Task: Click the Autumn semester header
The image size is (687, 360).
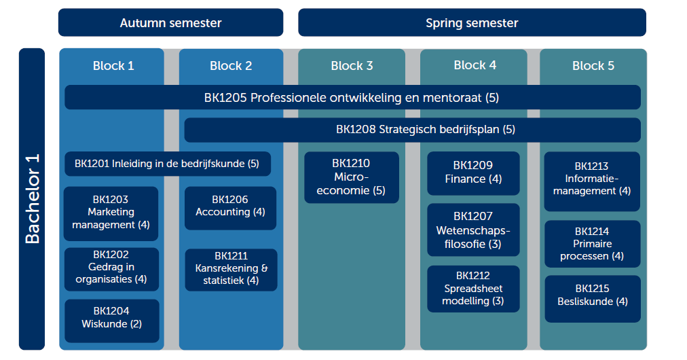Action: [171, 22]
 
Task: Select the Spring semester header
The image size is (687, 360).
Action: [472, 22]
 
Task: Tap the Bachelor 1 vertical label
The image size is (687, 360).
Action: [32, 199]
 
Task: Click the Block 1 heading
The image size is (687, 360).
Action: [113, 66]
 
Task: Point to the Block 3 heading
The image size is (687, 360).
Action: [352, 66]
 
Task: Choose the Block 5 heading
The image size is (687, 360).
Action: [593, 66]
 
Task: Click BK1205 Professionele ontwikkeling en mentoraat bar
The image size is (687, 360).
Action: [352, 97]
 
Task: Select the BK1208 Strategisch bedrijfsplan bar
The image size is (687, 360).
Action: [412, 130]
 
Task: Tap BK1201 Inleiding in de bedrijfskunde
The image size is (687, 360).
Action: [168, 164]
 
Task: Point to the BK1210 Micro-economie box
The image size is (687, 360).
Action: [352, 177]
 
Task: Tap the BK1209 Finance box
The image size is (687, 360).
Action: [473, 173]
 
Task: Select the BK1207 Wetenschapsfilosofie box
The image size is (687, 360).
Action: [473, 230]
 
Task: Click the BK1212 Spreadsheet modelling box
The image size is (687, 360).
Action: [473, 289]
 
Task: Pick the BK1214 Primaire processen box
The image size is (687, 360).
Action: [593, 244]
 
